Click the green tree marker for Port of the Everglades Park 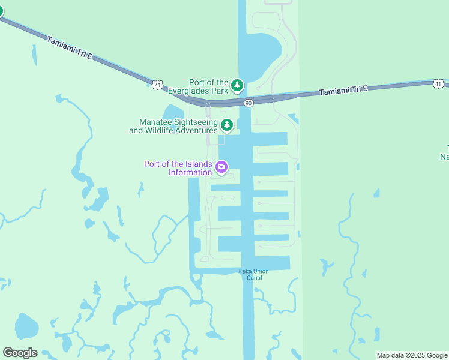coord(237,86)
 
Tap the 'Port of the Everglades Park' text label coord(208,86)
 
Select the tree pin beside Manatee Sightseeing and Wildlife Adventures coord(226,125)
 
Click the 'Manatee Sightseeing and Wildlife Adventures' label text coord(173,125)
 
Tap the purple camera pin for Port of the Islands coord(221,167)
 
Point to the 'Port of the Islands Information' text coord(178,168)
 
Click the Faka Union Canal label coord(254,274)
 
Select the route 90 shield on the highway coord(248,103)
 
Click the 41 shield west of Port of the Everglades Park coord(157,85)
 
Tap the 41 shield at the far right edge coord(438,84)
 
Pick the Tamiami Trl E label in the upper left coord(70,47)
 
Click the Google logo coord(20,353)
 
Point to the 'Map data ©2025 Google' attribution coord(412,355)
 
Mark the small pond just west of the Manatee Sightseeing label coord(172,112)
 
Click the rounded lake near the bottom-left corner coord(26,326)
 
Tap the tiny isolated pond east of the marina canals coord(376,193)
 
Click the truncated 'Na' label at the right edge coord(444,157)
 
